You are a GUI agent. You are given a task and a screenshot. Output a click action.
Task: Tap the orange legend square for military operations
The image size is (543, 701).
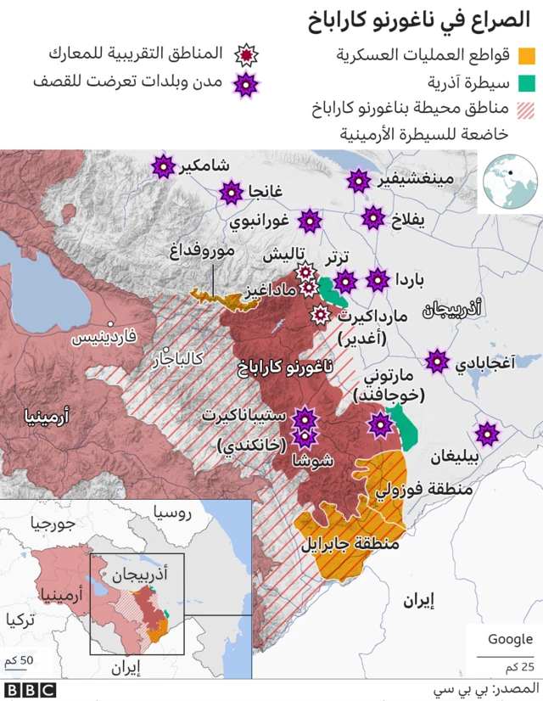tap(527, 56)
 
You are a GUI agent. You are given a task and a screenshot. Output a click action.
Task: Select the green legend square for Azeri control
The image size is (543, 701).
tap(527, 83)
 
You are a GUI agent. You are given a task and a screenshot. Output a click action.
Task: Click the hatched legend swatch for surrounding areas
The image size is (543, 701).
tap(527, 109)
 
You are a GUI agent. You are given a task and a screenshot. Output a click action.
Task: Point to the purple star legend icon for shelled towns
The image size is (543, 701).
tap(247, 83)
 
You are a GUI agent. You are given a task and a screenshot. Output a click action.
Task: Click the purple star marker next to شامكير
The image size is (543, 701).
tap(162, 166)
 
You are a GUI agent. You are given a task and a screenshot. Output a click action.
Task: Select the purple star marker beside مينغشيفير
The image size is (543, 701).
tap(359, 180)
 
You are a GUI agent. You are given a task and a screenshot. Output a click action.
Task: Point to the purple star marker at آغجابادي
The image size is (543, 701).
tap(438, 361)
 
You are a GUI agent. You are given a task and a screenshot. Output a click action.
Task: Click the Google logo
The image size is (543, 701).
tap(510, 639)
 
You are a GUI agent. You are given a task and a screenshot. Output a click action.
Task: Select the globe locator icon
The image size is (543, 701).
tap(510, 182)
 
